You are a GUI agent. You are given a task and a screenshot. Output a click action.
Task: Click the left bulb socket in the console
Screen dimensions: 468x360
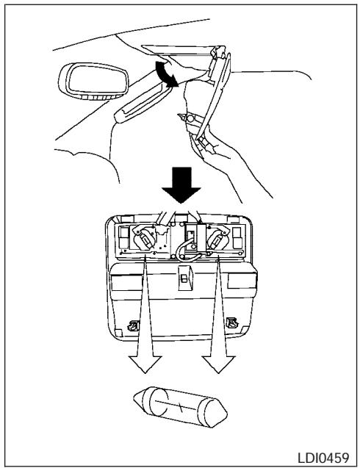coord(145,239)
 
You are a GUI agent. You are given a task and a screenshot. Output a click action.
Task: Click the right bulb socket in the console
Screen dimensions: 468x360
coord(217,239)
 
